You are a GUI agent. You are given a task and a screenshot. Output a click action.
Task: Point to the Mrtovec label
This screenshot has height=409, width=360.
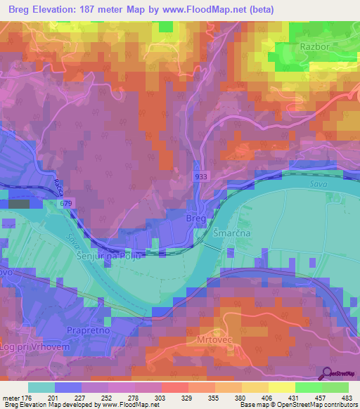coord(206,339)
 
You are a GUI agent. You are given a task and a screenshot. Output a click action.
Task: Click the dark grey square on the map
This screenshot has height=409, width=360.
coord(19,204)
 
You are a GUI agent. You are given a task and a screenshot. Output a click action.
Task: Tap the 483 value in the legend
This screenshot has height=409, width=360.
coord(346,397)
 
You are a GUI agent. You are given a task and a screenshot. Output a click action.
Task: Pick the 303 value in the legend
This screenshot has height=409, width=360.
coord(162,397)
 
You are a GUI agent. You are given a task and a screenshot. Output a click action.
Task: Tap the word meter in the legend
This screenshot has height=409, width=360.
coord(10,397)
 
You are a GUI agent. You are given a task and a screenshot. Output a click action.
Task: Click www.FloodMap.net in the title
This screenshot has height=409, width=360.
coord(210,9)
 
